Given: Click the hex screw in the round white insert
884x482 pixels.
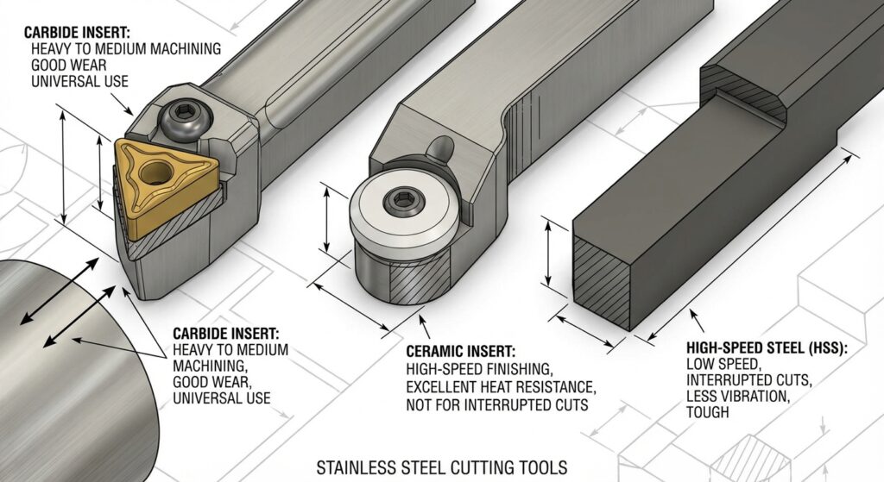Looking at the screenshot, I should click(x=402, y=202).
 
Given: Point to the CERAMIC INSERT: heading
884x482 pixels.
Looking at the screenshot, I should click(x=460, y=352).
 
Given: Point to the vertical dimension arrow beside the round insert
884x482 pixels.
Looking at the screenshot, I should click(x=326, y=220).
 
